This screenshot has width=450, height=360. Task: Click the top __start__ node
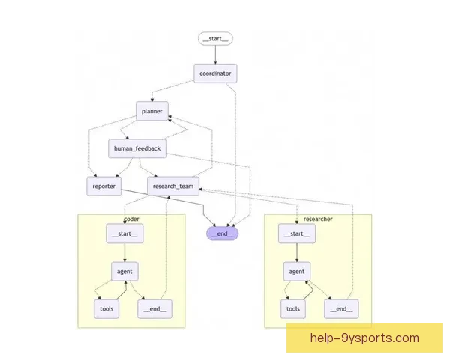(216, 38)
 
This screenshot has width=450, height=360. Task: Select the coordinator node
(216, 73)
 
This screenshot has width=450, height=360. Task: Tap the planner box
(152, 111)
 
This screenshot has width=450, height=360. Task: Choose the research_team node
(172, 187)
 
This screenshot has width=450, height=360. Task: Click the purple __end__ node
(222, 232)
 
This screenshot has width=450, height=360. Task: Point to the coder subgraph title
(131, 219)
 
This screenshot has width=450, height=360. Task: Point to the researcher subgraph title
(318, 219)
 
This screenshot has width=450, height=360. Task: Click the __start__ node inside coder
(124, 234)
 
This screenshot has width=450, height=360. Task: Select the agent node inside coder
(124, 271)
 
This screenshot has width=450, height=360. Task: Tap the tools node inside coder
(106, 308)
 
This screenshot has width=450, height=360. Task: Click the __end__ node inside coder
(154, 308)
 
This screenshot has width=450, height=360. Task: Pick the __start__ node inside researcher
(295, 234)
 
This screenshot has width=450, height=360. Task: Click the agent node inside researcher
(295, 271)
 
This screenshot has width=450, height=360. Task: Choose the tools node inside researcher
(292, 308)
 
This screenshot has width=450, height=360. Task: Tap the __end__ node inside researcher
(340, 308)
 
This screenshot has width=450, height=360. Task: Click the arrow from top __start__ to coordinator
(216, 55)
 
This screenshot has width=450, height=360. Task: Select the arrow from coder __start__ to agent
(124, 252)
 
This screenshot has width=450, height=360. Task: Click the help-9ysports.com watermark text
(364, 338)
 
